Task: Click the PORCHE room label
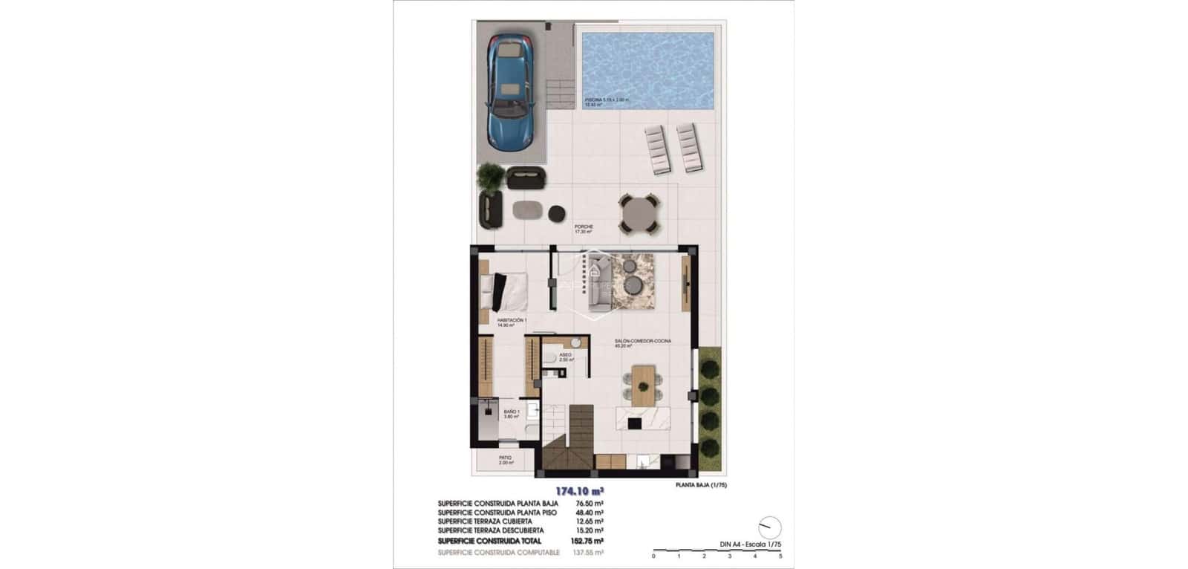point(584,227)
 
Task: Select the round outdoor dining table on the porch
point(639,213)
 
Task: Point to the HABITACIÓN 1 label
point(512,320)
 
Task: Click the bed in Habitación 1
point(505,292)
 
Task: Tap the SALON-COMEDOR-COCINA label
point(642,340)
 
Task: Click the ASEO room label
point(565,355)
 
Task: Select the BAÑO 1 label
point(512,412)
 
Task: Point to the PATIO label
point(505,458)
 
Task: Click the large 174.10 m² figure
point(579,491)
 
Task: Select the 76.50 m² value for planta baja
point(589,504)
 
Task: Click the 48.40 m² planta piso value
point(589,513)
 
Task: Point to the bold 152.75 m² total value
point(589,541)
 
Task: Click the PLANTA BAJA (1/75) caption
point(701,486)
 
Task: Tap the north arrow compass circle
point(771,527)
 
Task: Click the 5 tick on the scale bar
point(780,556)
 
